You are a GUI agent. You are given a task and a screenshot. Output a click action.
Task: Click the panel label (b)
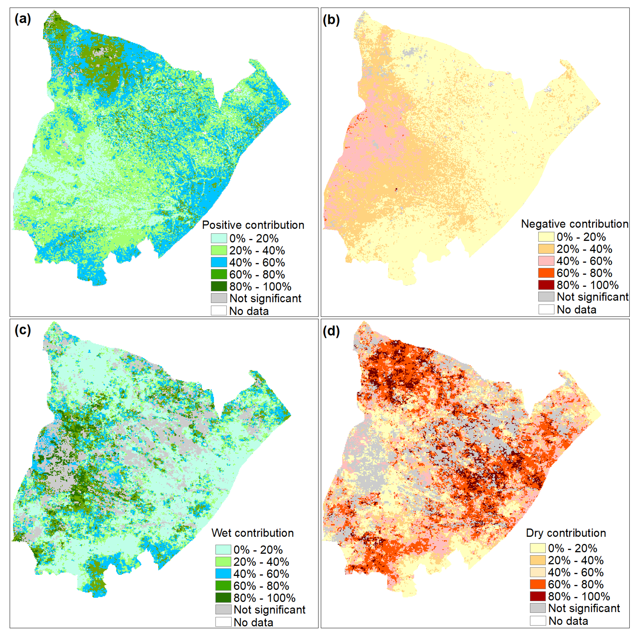point(331,20)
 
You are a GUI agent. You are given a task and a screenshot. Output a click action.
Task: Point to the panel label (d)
point(331,331)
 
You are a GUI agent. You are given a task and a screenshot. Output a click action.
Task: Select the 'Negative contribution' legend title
point(574,224)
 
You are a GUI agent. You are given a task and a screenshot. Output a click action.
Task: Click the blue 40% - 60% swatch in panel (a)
point(219,262)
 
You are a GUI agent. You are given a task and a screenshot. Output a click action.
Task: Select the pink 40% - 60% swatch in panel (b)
point(546,261)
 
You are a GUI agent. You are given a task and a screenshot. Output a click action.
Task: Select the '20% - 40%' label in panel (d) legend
point(576,560)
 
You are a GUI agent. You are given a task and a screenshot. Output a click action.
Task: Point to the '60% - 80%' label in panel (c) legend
point(261,586)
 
